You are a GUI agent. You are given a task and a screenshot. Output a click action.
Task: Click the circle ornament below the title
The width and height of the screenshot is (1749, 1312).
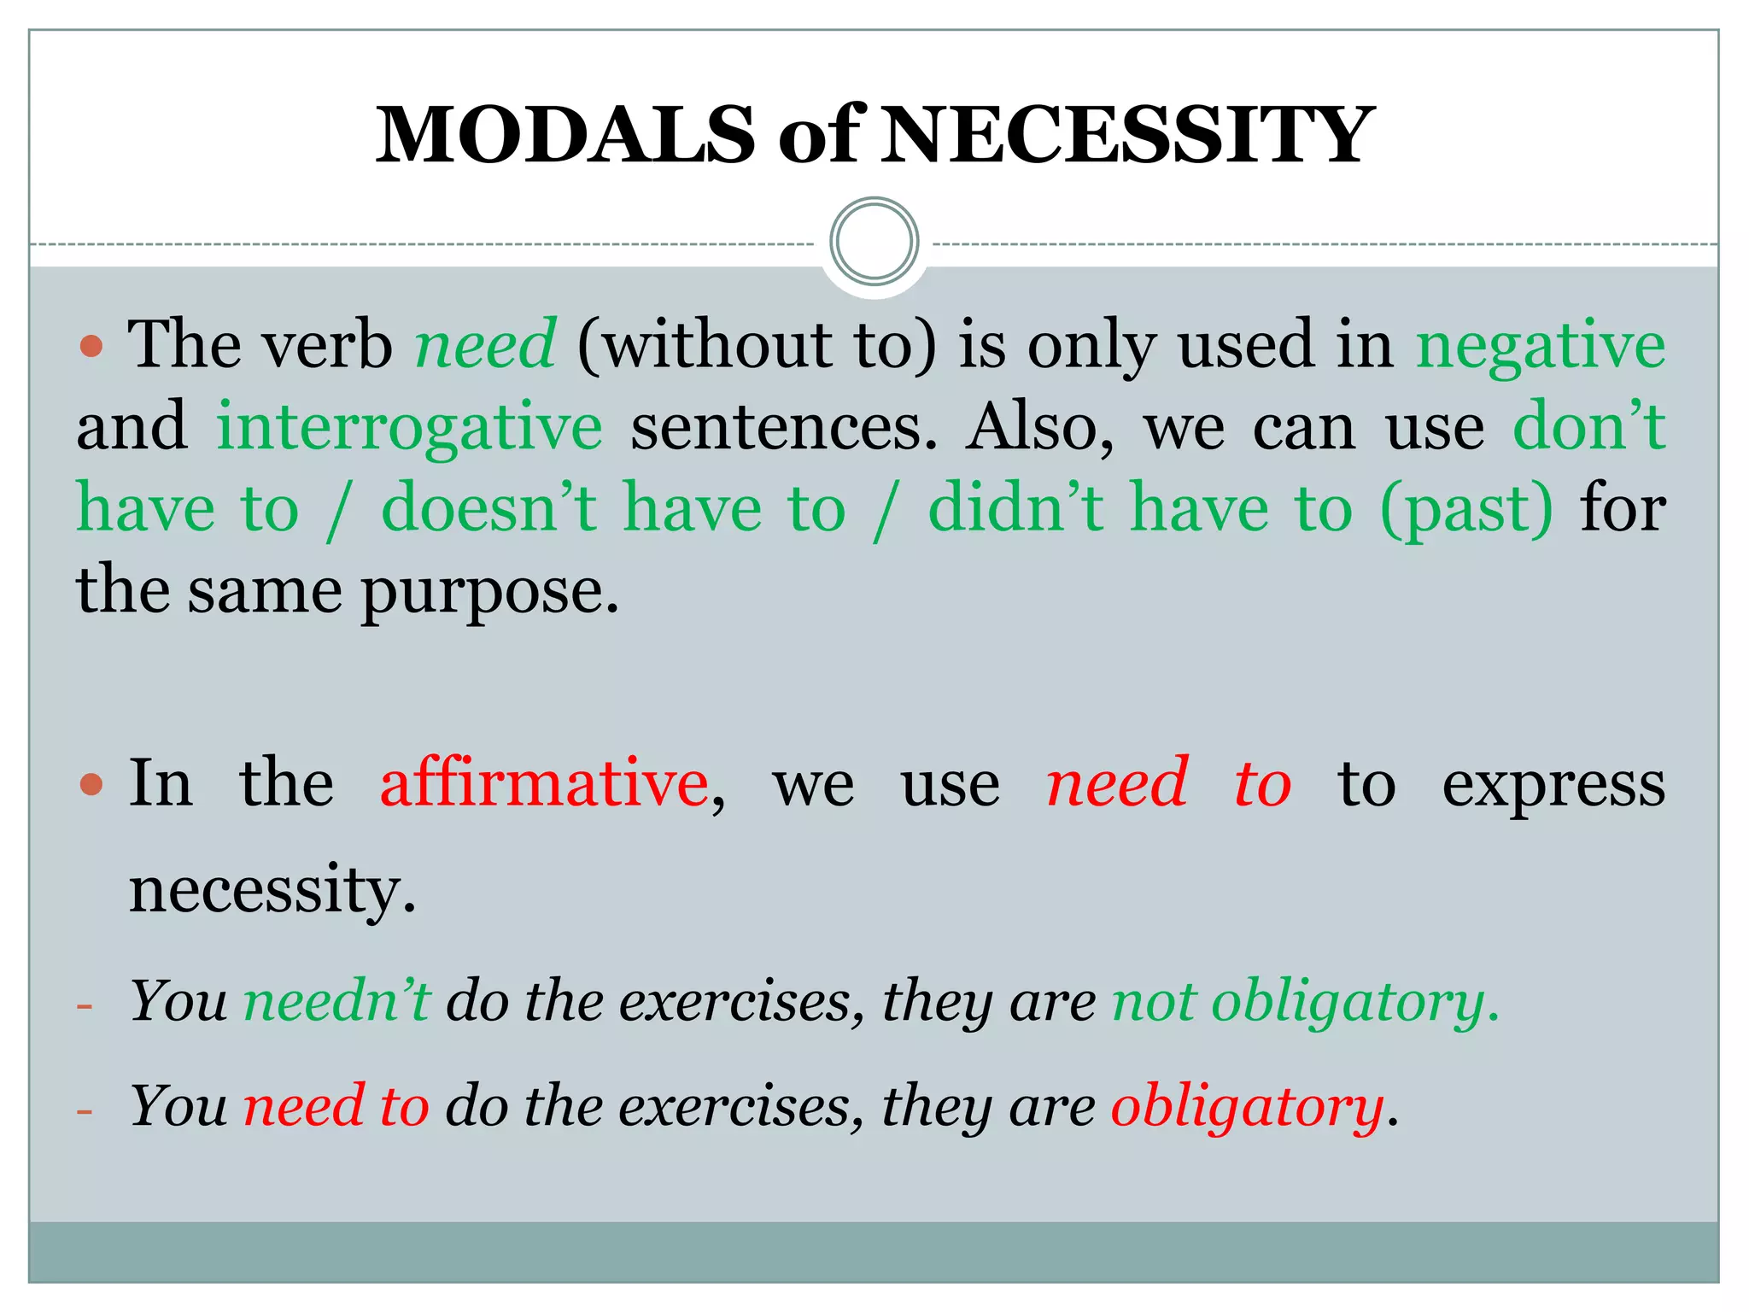pos(874,241)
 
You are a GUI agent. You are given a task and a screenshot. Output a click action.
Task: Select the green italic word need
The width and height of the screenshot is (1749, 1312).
pos(485,344)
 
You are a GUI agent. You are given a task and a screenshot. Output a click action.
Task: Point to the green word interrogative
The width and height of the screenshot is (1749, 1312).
pos(409,427)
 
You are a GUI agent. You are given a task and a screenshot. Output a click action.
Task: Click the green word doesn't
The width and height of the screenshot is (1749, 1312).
pos(488,508)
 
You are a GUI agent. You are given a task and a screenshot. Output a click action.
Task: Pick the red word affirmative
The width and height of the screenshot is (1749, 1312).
pos(544,783)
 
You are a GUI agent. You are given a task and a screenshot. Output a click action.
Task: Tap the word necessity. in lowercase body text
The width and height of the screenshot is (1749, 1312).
pos(272,890)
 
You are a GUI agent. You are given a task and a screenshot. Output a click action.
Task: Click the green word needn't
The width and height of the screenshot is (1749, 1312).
pos(336,1000)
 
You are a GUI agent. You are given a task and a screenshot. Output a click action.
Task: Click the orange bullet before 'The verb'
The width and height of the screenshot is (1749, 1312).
pos(91,346)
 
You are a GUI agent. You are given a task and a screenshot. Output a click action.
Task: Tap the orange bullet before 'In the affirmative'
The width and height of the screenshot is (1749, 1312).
pos(91,784)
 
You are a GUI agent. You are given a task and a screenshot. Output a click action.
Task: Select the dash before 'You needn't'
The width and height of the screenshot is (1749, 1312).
pos(84,1005)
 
